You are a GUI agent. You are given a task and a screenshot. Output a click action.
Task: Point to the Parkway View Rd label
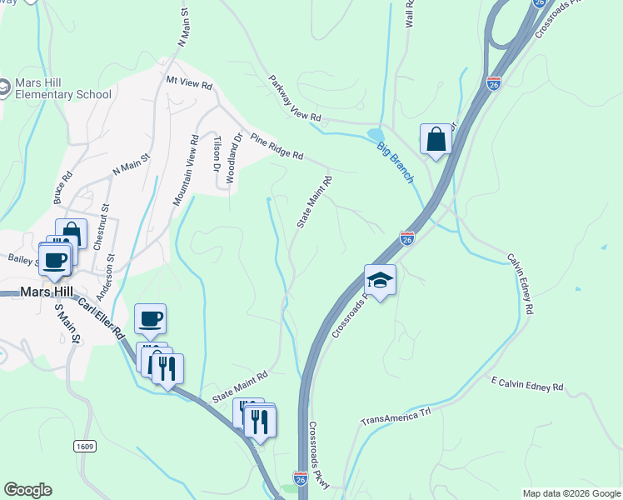click(x=294, y=100)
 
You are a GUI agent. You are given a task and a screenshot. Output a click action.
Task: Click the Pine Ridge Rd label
click(x=277, y=148)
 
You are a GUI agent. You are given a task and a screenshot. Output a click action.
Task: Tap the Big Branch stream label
click(x=396, y=163)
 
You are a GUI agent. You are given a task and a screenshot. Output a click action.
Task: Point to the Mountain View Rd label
click(x=185, y=170)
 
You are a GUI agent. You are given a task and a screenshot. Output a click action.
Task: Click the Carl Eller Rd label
click(x=102, y=317)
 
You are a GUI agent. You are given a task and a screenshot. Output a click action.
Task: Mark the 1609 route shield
click(x=84, y=446)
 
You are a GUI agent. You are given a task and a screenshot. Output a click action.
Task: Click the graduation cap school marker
click(x=380, y=280)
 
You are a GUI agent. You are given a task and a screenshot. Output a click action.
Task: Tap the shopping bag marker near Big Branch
click(x=436, y=139)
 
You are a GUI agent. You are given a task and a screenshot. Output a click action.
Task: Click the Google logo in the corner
click(x=27, y=490)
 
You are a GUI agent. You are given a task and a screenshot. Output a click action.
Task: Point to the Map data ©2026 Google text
click(x=571, y=493)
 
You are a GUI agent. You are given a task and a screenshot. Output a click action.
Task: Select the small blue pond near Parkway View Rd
click(x=376, y=135)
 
